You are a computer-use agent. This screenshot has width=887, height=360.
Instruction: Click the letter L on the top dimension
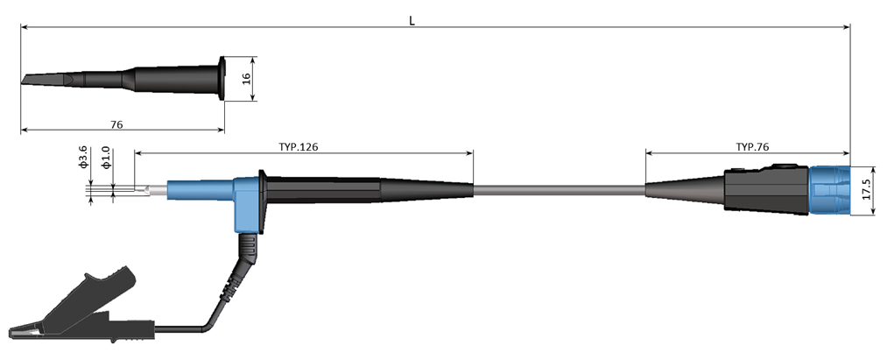(x=412, y=20)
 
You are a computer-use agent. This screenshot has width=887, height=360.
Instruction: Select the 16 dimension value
(x=246, y=78)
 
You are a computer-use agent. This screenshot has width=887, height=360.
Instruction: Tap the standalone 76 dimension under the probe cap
(x=116, y=124)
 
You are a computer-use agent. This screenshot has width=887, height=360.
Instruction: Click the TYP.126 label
(x=298, y=146)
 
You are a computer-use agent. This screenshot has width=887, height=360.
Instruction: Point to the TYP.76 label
(x=752, y=146)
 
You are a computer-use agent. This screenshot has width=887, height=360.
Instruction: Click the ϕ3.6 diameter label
(x=82, y=157)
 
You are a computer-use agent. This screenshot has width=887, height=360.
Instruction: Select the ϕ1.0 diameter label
(x=105, y=157)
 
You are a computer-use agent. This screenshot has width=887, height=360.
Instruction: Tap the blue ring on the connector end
(x=829, y=190)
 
